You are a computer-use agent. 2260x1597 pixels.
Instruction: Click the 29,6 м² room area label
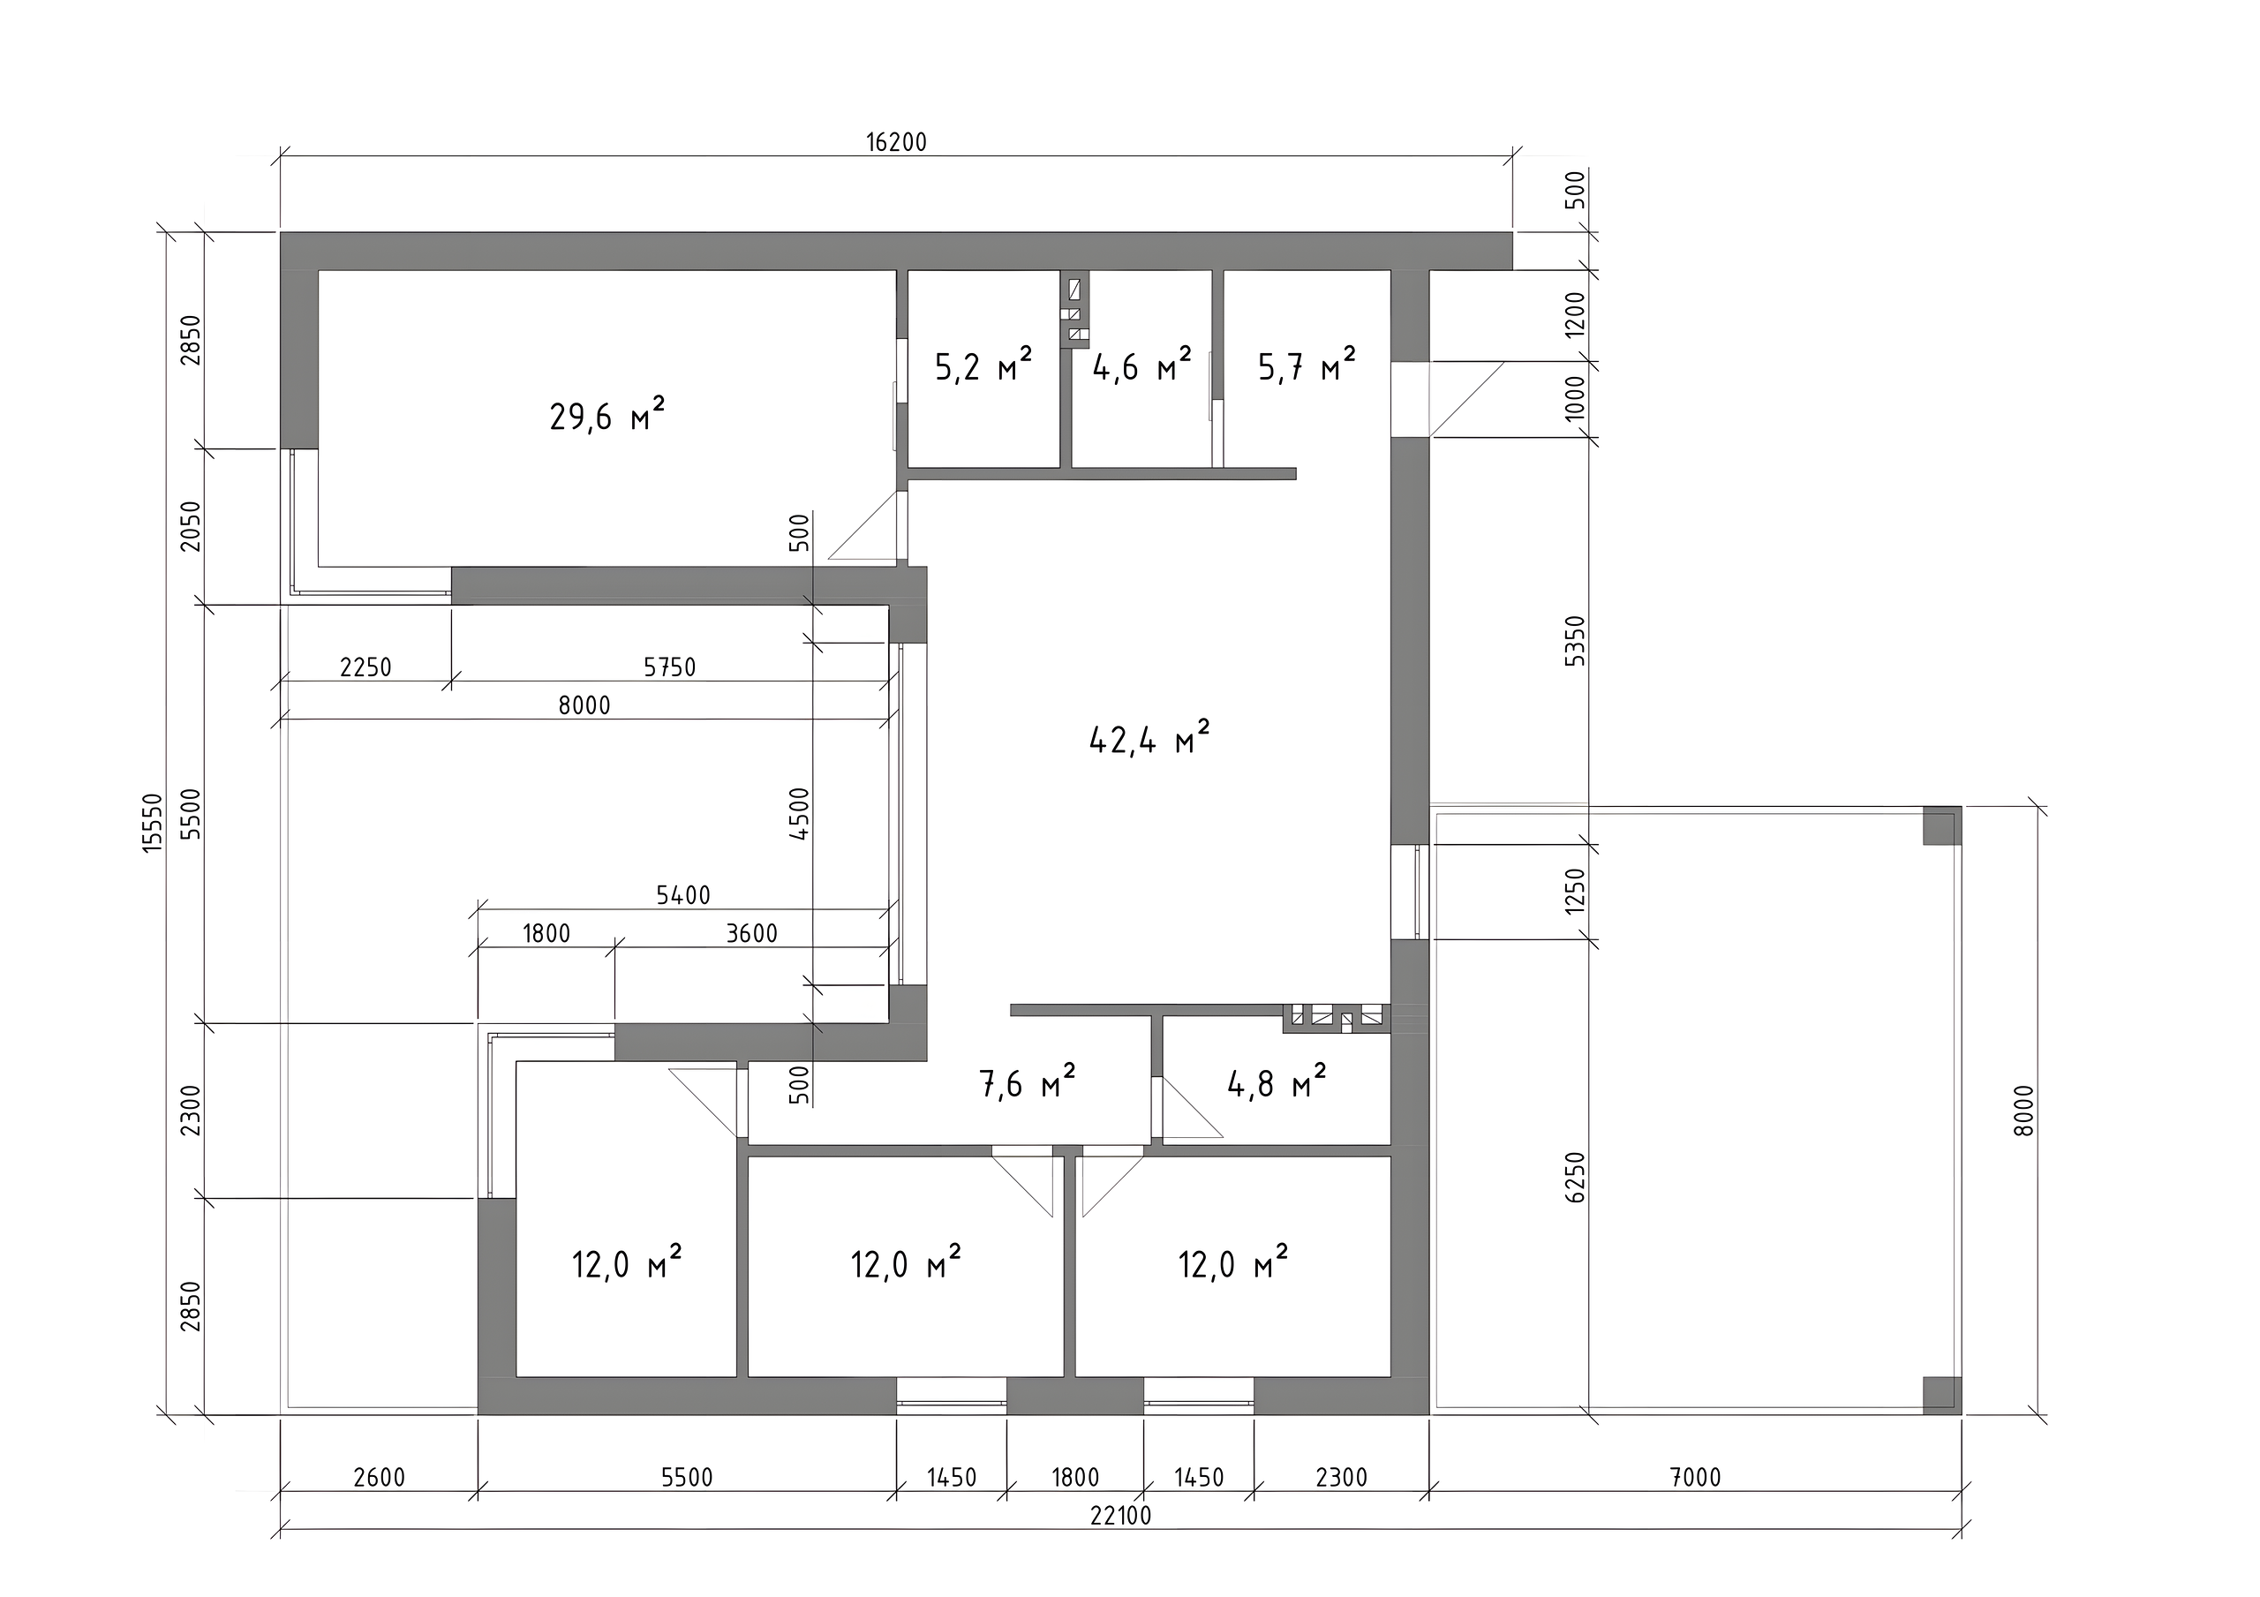tap(607, 415)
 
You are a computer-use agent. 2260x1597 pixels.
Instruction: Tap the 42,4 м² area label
tap(1149, 737)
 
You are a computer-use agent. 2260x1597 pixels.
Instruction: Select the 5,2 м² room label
tap(983, 366)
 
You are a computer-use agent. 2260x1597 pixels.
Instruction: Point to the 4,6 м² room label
tap(1141, 366)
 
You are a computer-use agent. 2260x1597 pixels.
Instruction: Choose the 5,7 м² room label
tap(1307, 366)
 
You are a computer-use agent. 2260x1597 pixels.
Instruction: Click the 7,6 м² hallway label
tap(1028, 1083)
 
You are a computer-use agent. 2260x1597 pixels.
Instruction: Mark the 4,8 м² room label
tap(1277, 1083)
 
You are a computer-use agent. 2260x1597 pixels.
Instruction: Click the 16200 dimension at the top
tap(897, 143)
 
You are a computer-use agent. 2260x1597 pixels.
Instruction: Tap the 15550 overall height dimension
tap(153, 822)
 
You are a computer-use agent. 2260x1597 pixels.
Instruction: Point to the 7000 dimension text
tap(1696, 1477)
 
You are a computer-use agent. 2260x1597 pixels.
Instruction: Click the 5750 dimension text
tap(669, 667)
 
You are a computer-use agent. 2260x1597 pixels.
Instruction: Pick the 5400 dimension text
tap(683, 895)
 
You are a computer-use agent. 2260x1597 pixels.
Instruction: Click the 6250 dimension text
tap(1576, 1177)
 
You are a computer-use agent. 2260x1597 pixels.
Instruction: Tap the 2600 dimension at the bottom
tap(379, 1477)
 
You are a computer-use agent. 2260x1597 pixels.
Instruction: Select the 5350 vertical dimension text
tap(1576, 641)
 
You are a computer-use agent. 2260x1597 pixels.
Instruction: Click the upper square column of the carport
tap(1942, 826)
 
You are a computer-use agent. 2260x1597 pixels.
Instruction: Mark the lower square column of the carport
tap(1942, 1395)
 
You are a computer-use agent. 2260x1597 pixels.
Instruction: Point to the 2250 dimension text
tap(365, 667)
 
